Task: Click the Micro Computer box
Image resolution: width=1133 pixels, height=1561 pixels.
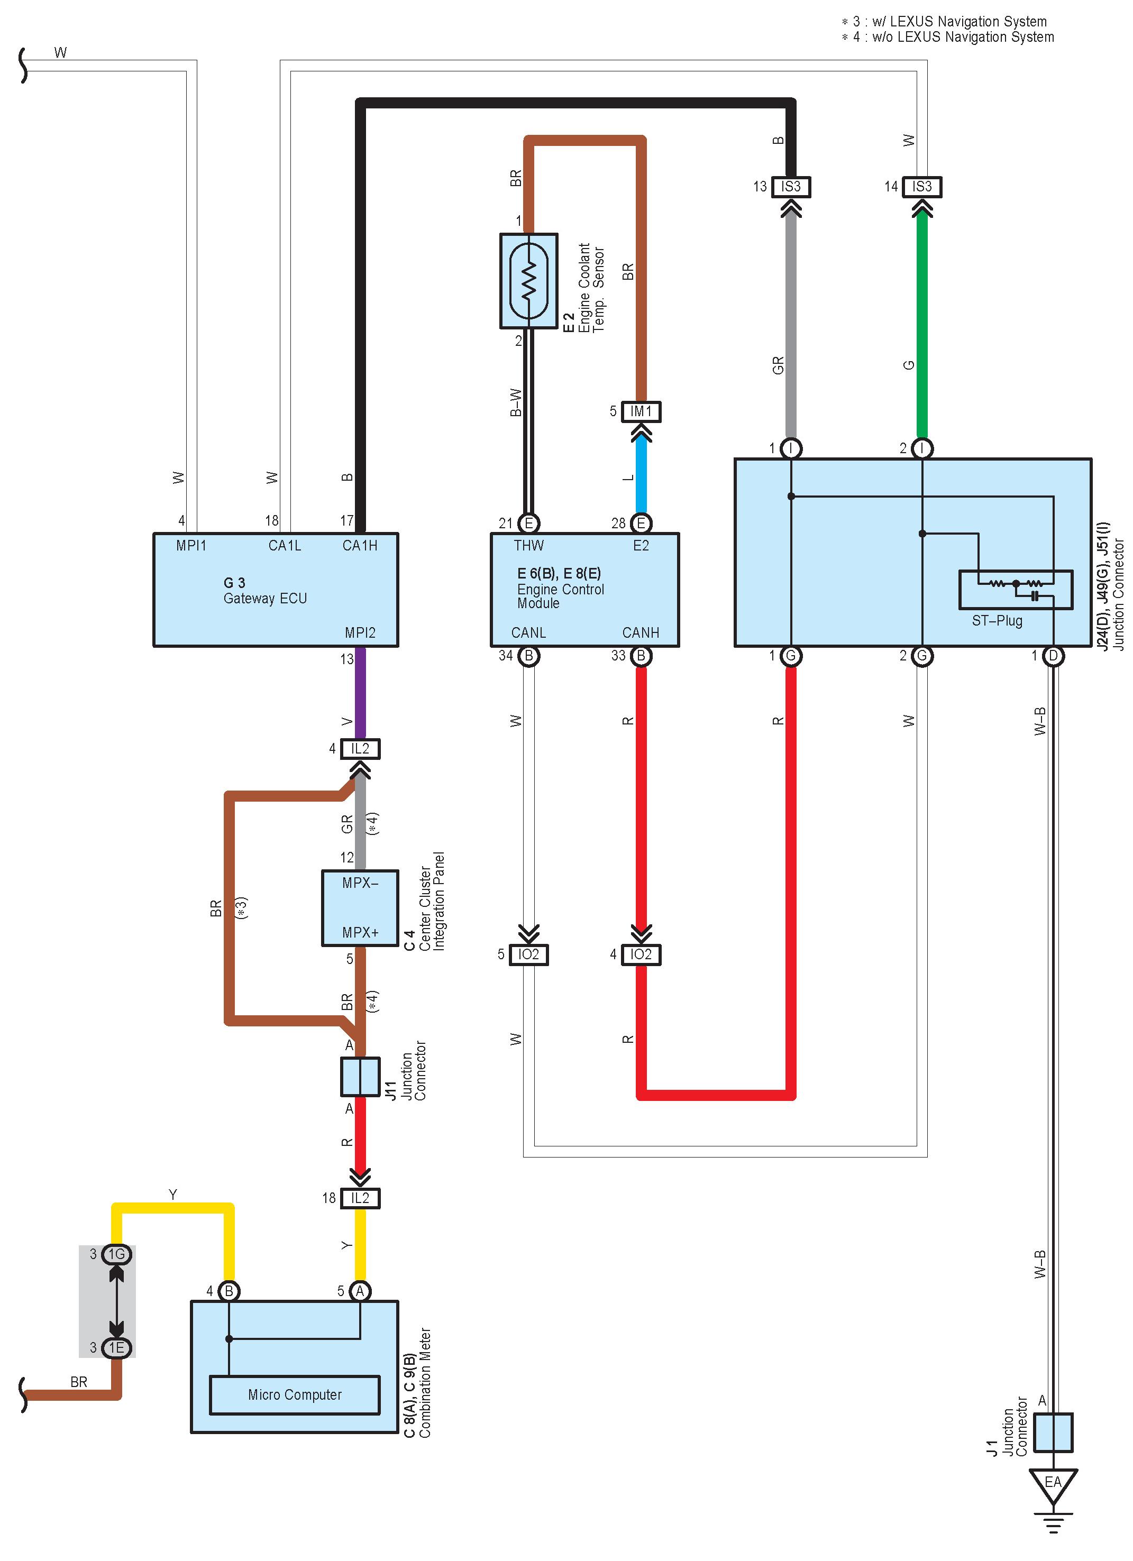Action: (x=295, y=1394)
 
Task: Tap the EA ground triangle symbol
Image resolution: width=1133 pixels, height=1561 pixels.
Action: (x=1053, y=1486)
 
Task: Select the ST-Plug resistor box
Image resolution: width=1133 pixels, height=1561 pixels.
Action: (x=1015, y=589)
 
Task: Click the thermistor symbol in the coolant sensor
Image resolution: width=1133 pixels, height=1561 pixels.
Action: (x=528, y=281)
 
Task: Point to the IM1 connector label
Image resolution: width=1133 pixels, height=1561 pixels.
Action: (x=641, y=411)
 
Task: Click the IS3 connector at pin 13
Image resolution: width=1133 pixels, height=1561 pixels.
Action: (x=791, y=187)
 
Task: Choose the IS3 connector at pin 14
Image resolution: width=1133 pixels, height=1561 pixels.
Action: (x=921, y=187)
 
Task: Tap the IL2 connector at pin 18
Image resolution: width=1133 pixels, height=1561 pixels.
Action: (x=360, y=1198)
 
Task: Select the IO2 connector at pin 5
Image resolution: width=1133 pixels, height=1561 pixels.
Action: (x=528, y=954)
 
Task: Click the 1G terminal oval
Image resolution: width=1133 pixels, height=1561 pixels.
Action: (x=116, y=1254)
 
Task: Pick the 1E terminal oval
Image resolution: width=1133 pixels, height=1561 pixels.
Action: (x=116, y=1348)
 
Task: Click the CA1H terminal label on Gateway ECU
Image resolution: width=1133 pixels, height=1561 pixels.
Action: (x=360, y=545)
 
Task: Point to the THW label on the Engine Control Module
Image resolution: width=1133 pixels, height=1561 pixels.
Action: (x=528, y=545)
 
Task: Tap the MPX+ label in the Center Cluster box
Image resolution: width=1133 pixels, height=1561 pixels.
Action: (x=360, y=933)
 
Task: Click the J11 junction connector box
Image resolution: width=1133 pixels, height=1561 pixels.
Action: (x=360, y=1077)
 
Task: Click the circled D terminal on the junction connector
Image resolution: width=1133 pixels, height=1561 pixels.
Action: (x=1053, y=656)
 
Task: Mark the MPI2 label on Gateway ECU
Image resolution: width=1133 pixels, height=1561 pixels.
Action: (x=360, y=632)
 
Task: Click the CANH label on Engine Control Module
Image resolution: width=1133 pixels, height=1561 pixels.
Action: (x=641, y=632)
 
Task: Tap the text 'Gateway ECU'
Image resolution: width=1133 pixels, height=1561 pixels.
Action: (x=265, y=599)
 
